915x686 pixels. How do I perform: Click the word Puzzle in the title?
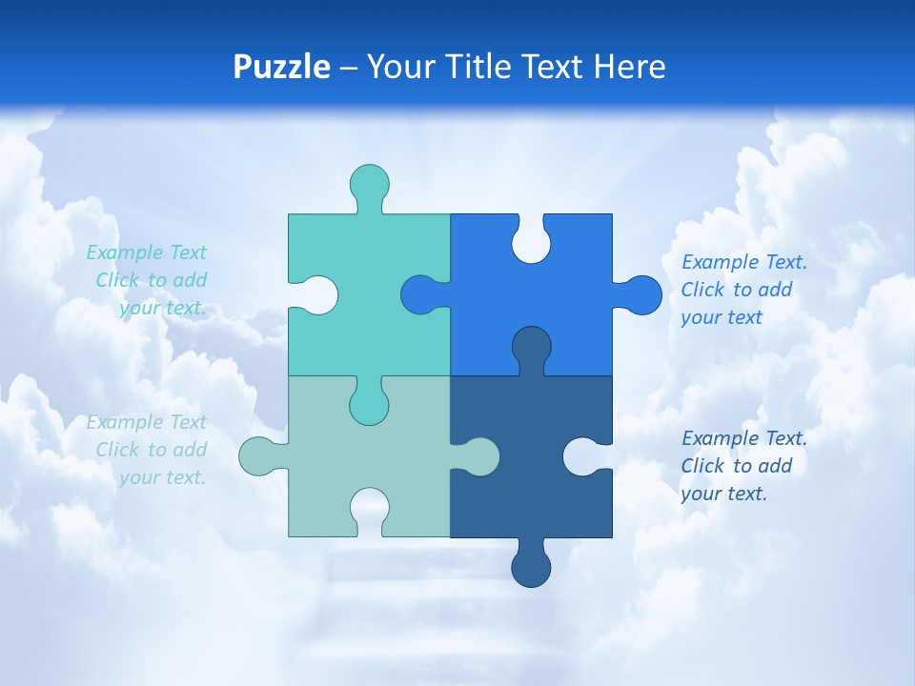(281, 67)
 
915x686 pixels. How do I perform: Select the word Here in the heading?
(629, 67)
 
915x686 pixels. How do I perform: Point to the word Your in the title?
(398, 67)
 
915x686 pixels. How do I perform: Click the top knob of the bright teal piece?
(370, 184)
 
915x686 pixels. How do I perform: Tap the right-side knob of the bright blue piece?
(641, 295)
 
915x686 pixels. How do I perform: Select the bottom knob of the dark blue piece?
(532, 566)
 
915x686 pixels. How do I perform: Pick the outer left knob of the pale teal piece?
(259, 456)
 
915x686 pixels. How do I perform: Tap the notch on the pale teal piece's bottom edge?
(370, 510)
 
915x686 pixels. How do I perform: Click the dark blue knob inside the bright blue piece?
(532, 349)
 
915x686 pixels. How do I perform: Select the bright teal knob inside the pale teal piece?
(370, 403)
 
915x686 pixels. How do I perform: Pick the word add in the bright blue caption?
(776, 290)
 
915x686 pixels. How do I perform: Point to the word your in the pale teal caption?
(138, 477)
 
